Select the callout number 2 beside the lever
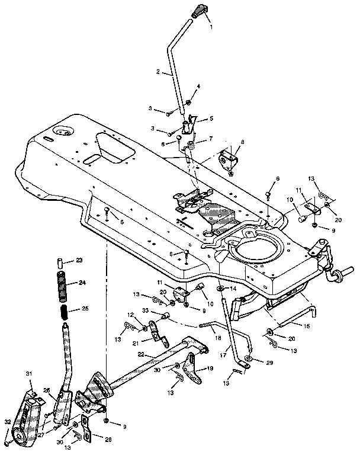click(158, 72)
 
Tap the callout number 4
click(198, 86)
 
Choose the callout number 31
click(28, 373)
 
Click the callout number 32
click(8, 421)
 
